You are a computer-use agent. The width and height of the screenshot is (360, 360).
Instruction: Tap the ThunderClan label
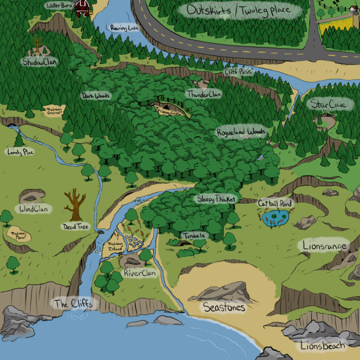click(203, 95)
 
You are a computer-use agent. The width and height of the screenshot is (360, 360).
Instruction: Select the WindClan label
click(34, 209)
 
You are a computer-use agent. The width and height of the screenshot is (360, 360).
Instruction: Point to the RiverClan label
click(140, 273)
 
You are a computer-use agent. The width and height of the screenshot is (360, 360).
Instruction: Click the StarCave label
click(328, 104)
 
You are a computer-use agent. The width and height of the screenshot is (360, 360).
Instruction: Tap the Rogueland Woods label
click(241, 132)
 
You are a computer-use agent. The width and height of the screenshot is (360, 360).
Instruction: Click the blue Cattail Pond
click(275, 217)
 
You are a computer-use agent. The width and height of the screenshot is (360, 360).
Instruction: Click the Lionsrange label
click(326, 246)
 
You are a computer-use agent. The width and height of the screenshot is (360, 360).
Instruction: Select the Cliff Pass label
click(238, 72)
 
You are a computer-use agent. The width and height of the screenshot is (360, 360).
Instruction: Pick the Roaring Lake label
click(125, 28)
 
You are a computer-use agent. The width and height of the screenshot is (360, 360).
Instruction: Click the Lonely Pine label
click(19, 151)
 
